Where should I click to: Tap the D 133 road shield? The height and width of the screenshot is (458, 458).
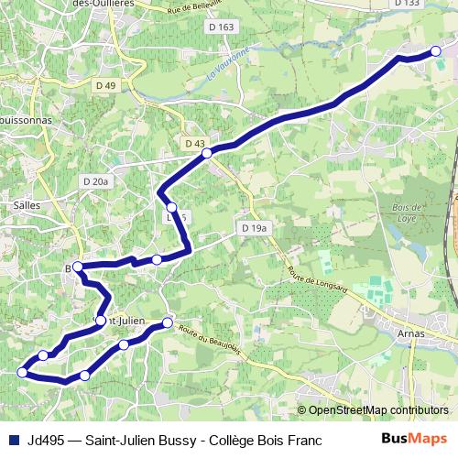[x=407, y=4]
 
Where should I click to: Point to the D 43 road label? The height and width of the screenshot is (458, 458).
[x=194, y=144]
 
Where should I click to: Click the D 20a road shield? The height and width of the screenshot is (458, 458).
[x=95, y=181]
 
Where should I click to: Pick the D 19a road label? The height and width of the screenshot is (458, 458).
[x=254, y=226]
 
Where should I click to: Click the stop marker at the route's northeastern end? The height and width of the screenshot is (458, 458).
[x=435, y=51]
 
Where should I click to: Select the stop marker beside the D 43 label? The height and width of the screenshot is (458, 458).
[x=208, y=153]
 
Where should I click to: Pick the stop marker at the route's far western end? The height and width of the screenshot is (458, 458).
[x=22, y=372]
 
